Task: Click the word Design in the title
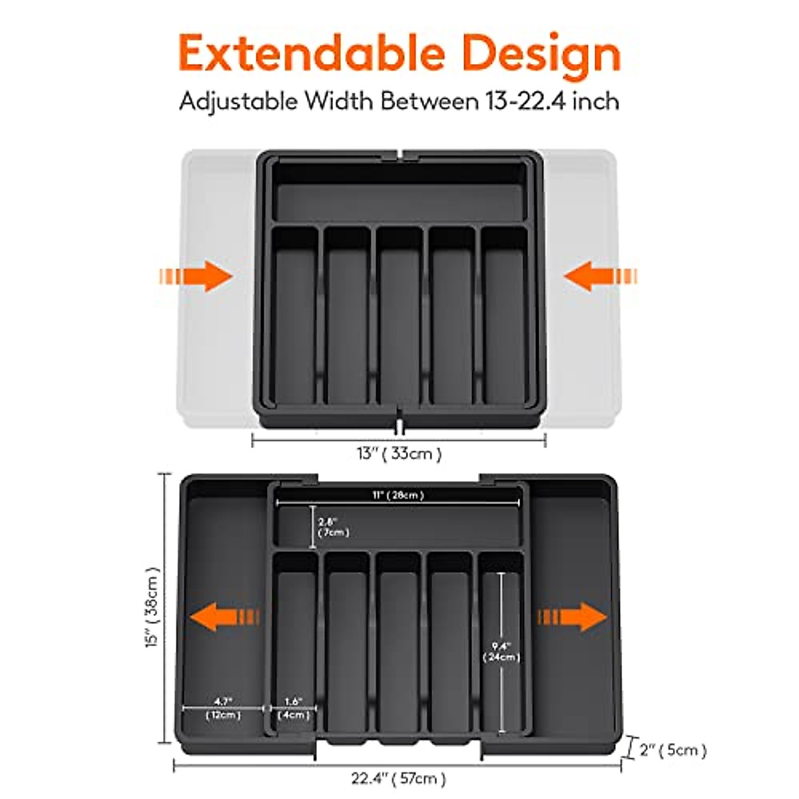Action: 541,55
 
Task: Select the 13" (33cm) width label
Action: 399,454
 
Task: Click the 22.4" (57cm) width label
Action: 399,778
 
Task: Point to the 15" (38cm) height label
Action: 153,607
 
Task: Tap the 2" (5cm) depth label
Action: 672,750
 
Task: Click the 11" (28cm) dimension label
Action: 398,495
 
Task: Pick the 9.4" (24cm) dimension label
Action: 501,652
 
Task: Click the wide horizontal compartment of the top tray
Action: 400,193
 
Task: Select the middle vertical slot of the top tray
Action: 400,316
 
